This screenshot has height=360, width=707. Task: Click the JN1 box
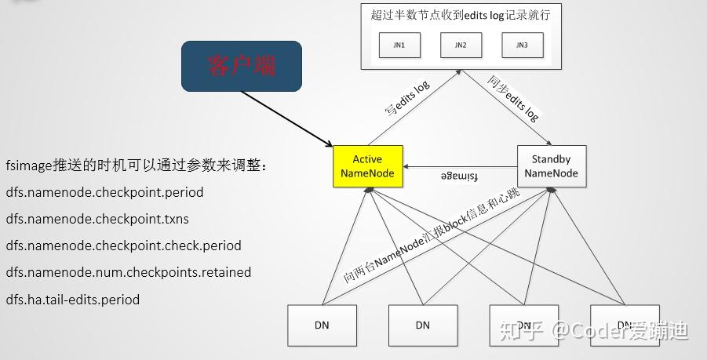399,45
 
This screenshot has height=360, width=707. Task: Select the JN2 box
461,45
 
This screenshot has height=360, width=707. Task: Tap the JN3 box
522,45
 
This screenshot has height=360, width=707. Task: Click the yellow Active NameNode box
367,166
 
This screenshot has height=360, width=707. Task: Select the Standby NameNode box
551,166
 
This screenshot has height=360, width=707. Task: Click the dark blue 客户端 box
242,66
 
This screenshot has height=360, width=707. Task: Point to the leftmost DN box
322,325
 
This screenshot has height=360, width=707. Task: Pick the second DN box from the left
422,325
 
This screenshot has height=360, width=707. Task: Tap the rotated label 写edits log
407,100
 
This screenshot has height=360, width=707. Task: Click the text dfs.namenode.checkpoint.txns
97,219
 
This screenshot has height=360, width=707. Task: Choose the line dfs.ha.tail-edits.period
73,299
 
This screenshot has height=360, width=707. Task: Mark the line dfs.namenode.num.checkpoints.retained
129,272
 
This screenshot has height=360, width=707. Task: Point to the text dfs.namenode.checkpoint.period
104,192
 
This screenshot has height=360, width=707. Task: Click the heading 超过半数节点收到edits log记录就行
461,14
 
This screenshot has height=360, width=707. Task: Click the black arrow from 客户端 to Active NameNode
287,118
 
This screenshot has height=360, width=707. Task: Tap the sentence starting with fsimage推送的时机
137,166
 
